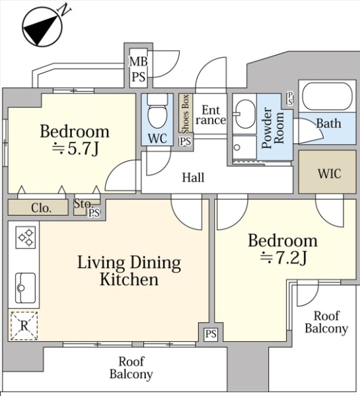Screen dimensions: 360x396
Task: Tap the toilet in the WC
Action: pyautogui.click(x=157, y=111)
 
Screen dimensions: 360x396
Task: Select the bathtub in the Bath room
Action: pyautogui.click(x=327, y=96)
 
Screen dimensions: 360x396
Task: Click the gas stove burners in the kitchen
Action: pyautogui.click(x=26, y=238)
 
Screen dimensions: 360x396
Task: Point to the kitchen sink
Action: pyautogui.click(x=25, y=288)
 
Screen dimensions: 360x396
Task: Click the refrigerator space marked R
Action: pyautogui.click(x=24, y=326)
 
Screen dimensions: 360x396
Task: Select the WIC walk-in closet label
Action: pyautogui.click(x=330, y=174)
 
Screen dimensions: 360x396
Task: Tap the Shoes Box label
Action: pyautogui.click(x=186, y=114)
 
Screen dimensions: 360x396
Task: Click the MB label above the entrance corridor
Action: pyautogui.click(x=138, y=61)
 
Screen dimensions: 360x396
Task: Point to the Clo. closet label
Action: pyautogui.click(x=41, y=208)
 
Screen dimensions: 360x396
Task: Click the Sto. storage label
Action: pyautogui.click(x=83, y=203)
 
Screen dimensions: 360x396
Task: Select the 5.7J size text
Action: pyautogui.click(x=75, y=149)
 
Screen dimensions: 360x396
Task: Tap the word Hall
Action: pyautogui.click(x=194, y=178)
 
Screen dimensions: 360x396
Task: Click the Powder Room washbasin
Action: pyautogui.click(x=244, y=114)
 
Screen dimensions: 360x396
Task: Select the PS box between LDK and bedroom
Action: pyautogui.click(x=211, y=334)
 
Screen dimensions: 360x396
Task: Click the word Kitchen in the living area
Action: pyautogui.click(x=129, y=279)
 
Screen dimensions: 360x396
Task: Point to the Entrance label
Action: pyautogui.click(x=211, y=115)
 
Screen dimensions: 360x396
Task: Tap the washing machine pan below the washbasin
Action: pyautogui.click(x=244, y=147)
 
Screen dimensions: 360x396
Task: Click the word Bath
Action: pyautogui.click(x=328, y=123)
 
